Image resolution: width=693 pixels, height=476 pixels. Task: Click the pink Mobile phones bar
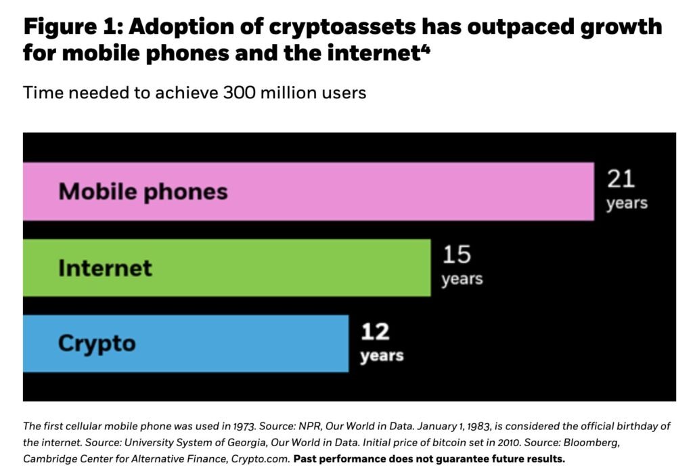pyautogui.click(x=406, y=191)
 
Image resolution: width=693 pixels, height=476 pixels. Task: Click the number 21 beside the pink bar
pyautogui.click(x=621, y=179)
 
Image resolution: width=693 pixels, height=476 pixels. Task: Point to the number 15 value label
pyautogui.click(x=457, y=255)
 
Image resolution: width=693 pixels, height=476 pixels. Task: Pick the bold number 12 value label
pyautogui.click(x=375, y=332)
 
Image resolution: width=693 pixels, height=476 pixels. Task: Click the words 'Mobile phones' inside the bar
pyautogui.click(x=143, y=192)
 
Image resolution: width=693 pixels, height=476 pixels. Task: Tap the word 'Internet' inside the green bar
pyautogui.click(x=105, y=268)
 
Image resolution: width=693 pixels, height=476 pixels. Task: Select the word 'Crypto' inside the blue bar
pyautogui.click(x=97, y=343)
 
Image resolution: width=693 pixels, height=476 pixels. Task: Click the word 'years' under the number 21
pyautogui.click(x=627, y=203)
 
